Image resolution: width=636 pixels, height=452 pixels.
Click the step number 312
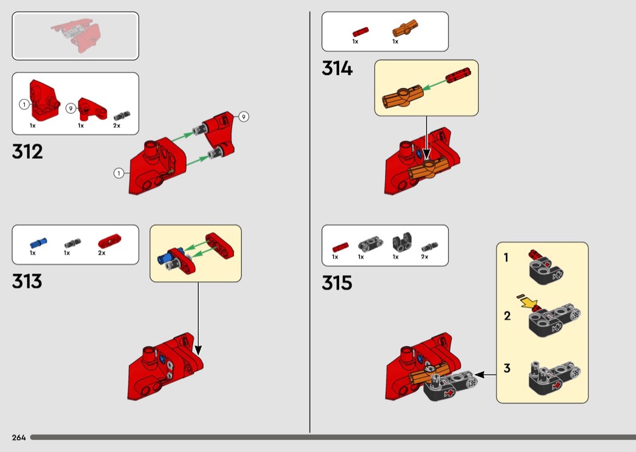click(x=27, y=151)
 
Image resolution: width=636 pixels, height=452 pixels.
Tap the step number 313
click(x=27, y=281)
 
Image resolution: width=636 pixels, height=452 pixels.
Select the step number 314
click(x=337, y=68)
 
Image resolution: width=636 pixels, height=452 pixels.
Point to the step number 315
click(x=337, y=283)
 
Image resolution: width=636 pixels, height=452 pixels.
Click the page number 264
click(x=19, y=437)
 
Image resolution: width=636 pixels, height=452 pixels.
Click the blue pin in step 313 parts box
click(x=38, y=242)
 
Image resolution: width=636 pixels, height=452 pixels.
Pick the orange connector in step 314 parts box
click(x=405, y=28)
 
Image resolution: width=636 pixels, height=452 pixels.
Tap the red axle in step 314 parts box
click(x=360, y=32)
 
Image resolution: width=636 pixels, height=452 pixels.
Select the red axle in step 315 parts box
click(x=340, y=247)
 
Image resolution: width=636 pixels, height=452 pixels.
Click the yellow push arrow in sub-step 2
click(x=527, y=302)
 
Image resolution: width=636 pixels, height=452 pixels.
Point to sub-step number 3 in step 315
click(x=507, y=368)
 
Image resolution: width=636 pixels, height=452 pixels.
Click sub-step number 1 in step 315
click(x=506, y=258)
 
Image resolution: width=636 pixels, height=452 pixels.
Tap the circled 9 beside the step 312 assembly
click(x=243, y=117)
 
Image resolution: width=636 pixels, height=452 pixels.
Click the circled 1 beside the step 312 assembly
click(x=119, y=173)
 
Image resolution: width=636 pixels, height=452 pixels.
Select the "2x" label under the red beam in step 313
click(x=102, y=253)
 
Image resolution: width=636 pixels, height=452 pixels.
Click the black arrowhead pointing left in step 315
click(x=480, y=375)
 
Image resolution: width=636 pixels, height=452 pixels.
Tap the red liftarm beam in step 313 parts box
click(x=109, y=241)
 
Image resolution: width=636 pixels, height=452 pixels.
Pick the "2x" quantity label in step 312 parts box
click(x=117, y=126)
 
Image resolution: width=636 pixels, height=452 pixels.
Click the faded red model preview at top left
click(x=76, y=36)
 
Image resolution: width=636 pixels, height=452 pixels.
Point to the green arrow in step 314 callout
click(x=434, y=85)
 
